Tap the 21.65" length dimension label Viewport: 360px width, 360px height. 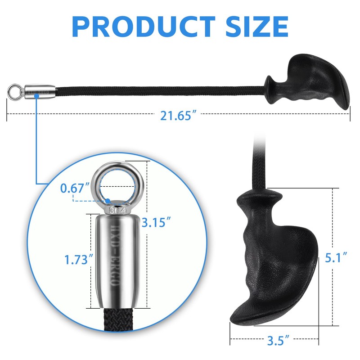coord(179,116)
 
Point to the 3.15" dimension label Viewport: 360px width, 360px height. coord(156,222)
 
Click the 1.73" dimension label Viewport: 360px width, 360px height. coord(79,260)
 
